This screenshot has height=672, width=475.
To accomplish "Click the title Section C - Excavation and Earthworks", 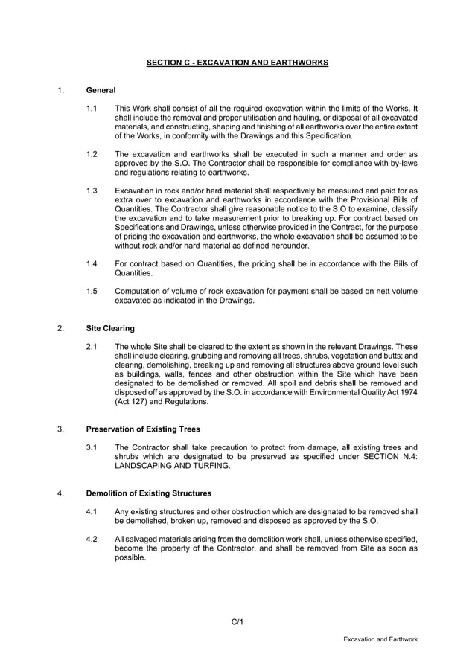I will pos(237,63).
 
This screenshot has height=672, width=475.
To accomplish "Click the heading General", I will pos(101,90).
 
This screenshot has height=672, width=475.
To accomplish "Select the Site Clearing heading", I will pos(110,327).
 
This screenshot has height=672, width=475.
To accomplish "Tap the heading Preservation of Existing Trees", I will pos(143,429).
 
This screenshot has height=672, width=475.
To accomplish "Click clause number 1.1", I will pos(92,109).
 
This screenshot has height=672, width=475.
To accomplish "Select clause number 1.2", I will pos(92,153).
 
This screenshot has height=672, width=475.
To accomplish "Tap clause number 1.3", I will pos(92,190).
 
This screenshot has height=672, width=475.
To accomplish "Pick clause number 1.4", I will pos(92,263).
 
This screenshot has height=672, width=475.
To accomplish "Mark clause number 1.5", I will pos(92,291).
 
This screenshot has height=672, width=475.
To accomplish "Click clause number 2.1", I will pos(92,347).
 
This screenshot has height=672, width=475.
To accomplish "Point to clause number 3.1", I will pos(92,448).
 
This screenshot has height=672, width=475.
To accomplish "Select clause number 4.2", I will pos(92,539).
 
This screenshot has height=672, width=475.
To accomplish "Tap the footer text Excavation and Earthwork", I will pos(380,639).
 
